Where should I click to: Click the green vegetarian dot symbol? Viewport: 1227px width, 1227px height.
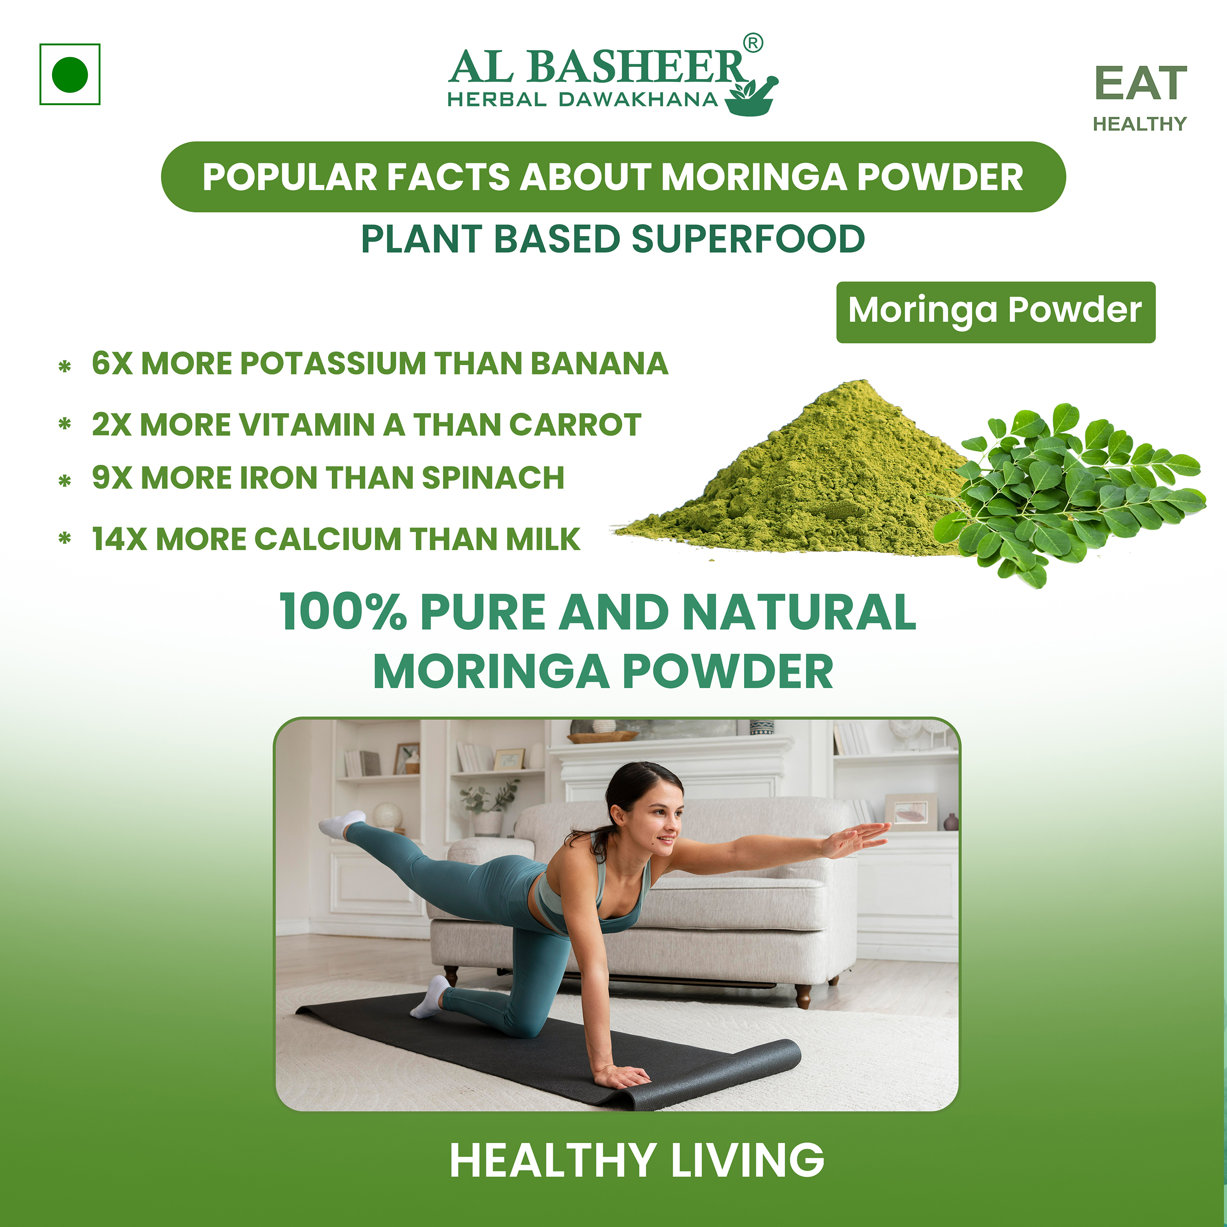70,74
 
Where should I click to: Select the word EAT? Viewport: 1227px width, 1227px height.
1140,84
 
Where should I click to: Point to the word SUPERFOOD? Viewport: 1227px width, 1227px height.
747,240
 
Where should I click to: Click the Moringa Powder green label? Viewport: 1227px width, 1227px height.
995,311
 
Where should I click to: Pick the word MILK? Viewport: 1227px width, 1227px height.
543,539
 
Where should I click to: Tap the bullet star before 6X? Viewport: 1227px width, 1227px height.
64,367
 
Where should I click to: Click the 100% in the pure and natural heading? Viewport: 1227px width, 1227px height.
343,612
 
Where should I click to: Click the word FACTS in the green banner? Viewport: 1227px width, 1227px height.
449,177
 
